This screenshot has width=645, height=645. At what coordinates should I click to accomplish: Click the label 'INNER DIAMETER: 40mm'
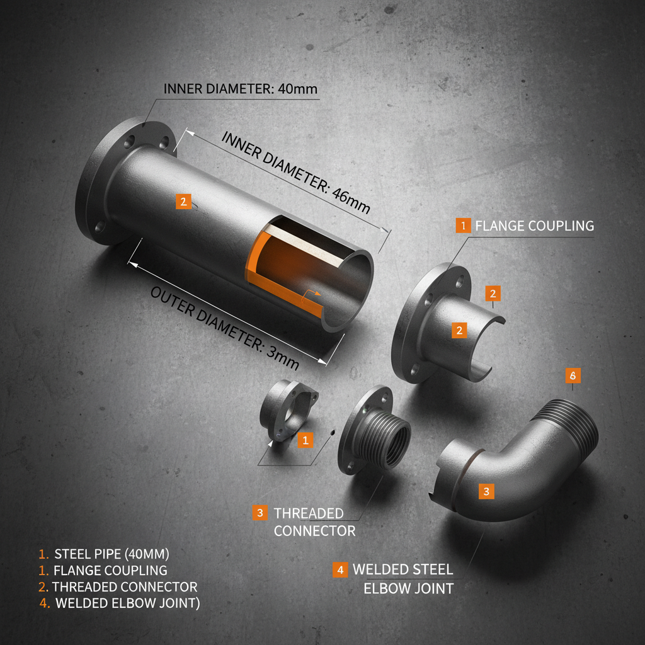coord(241,88)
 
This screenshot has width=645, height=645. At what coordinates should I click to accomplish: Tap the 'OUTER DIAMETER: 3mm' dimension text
coord(224,329)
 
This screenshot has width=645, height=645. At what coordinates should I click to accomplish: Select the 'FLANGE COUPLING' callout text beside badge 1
coord(534,225)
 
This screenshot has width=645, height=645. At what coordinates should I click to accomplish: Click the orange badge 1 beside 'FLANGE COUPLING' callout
coord(463,225)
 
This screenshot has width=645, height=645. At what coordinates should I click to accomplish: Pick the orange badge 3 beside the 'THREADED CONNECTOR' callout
coord(260,513)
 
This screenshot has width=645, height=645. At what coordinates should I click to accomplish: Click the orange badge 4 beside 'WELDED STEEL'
coord(340,570)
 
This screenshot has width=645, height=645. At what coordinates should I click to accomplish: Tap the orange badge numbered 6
coord(573,375)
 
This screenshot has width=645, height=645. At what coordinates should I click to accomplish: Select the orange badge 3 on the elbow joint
coord(486,491)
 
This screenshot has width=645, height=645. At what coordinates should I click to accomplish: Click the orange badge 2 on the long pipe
coord(183,202)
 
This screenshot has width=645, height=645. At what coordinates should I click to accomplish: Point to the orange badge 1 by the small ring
coord(305,440)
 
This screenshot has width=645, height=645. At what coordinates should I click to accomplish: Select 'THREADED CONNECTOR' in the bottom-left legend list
coord(125,587)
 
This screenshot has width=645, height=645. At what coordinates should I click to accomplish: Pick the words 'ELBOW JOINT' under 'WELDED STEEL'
coord(408,589)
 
